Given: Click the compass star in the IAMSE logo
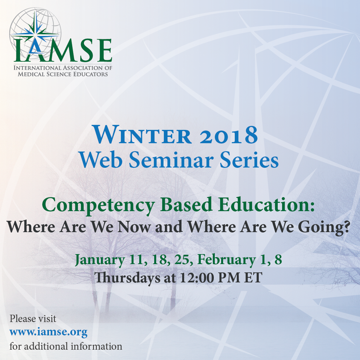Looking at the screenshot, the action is coord(36,34).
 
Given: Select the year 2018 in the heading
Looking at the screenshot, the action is coord(229,135).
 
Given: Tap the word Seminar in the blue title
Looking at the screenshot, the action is coord(171,160).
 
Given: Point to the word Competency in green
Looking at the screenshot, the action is coord(98,205).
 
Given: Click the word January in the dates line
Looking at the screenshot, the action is coord(100,260).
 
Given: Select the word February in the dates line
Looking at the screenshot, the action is coord(226,260).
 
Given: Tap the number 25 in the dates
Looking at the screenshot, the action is coord(182,260).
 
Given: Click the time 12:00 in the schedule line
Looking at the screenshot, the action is coord(196,277).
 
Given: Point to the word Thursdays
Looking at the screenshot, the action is coord(128,278).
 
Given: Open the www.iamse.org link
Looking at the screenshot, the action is coord(48,332).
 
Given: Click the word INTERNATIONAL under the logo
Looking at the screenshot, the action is coord(38,68).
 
